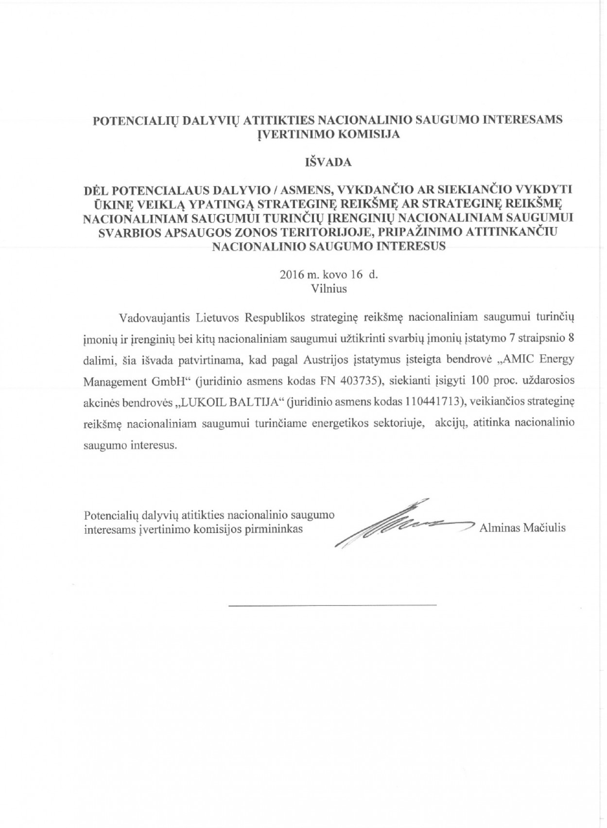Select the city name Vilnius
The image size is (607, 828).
pos(329,289)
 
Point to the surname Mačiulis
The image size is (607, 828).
pos(544,528)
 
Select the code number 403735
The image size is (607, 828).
pos(350,380)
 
